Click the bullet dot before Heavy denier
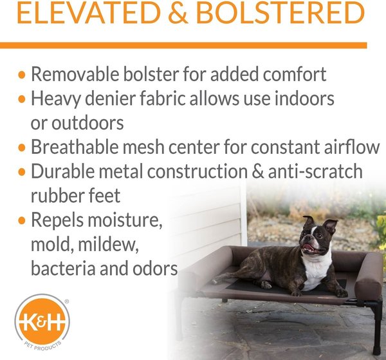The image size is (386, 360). (x=23, y=99)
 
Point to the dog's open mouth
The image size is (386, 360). (x=309, y=248)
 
